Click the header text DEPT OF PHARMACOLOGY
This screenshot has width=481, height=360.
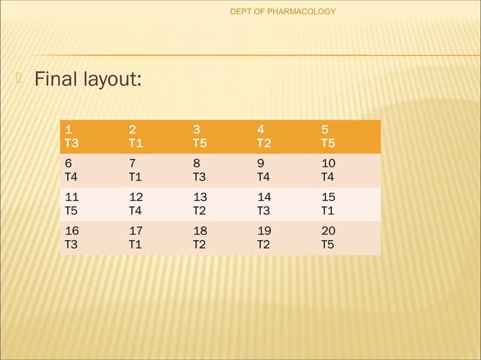point(283,11)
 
